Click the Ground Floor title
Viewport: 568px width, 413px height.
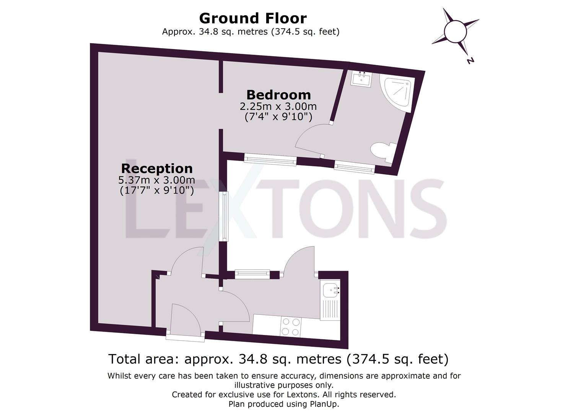click(252, 18)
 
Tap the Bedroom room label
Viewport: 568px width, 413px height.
click(278, 94)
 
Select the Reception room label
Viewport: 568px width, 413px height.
click(157, 168)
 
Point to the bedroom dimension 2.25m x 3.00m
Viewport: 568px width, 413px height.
click(278, 106)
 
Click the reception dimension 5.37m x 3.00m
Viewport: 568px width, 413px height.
click(157, 180)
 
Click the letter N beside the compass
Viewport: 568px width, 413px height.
click(470, 60)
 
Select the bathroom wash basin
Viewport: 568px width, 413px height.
click(361, 79)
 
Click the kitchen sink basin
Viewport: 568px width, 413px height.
click(330, 291)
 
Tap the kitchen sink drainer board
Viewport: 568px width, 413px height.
click(330, 309)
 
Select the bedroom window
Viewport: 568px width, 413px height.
click(270, 159)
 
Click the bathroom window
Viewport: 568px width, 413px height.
click(354, 167)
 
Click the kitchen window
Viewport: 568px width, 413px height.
click(247, 273)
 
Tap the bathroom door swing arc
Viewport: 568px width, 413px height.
click(308, 140)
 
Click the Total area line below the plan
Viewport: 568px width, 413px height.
click(278, 359)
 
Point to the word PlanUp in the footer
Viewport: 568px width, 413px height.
click(327, 404)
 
